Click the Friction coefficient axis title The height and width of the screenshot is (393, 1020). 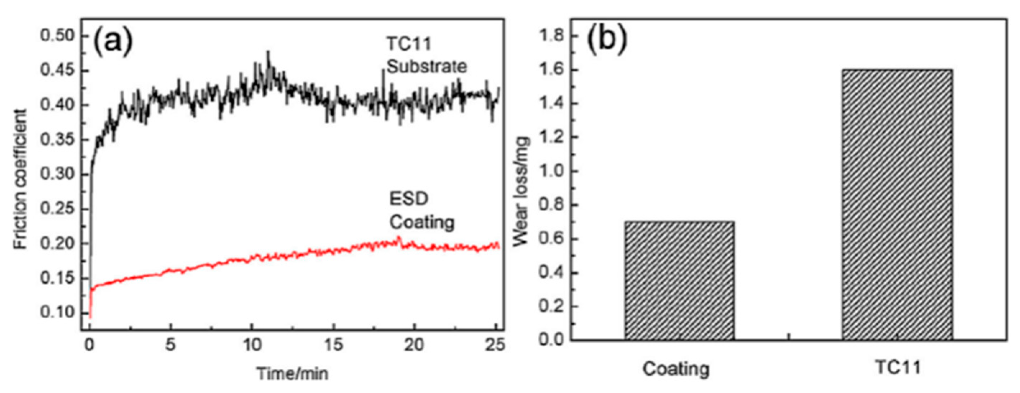[20, 179]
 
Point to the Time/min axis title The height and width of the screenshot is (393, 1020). [292, 373]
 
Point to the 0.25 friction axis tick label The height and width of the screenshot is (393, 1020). [58, 209]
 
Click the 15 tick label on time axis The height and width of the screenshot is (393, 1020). [334, 345]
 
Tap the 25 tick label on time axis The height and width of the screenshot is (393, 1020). [495, 345]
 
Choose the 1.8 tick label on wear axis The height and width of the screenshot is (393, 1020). [551, 36]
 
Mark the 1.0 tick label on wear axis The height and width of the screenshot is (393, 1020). [551, 171]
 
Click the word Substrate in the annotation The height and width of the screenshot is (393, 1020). [427, 66]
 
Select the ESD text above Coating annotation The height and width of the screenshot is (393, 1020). [409, 198]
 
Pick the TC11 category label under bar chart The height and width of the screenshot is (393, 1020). [898, 367]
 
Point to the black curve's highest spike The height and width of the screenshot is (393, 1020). [268, 52]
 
